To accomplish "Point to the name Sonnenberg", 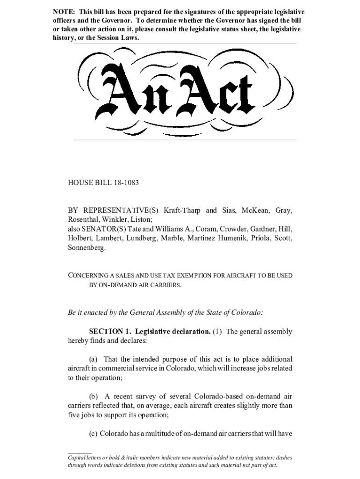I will pos(86,248).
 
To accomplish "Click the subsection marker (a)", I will pos(94,359).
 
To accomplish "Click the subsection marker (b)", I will pos(94,396).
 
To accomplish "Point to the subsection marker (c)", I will pos(93,433).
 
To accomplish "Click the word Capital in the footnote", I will pos(78,458).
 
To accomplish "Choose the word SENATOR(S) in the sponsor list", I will pos(101,229).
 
